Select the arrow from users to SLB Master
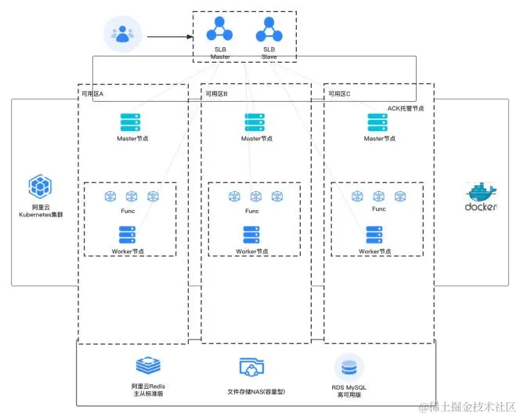pyautogui.click(x=171, y=35)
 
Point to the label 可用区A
pyautogui.click(x=93, y=92)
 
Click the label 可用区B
pyautogui.click(x=217, y=92)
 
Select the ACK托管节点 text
pyautogui.click(x=406, y=107)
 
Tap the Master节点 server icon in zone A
pyautogui.click(x=130, y=122)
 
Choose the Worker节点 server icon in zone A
pyautogui.click(x=127, y=234)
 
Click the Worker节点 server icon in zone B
pyautogui.click(x=251, y=234)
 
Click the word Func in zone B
pyautogui.click(x=251, y=211)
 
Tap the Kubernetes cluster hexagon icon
pyautogui.click(x=39, y=187)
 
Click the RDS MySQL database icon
pyautogui.click(x=348, y=368)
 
